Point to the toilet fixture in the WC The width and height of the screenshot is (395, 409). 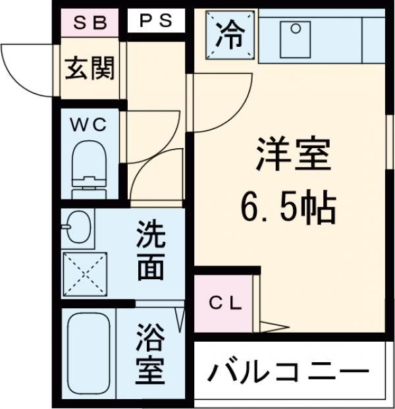pyautogui.click(x=88, y=161)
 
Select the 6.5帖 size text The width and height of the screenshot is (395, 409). pyautogui.click(x=288, y=208)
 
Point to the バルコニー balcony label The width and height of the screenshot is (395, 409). pyautogui.click(x=288, y=373)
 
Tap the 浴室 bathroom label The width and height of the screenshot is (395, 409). pyautogui.click(x=150, y=357)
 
